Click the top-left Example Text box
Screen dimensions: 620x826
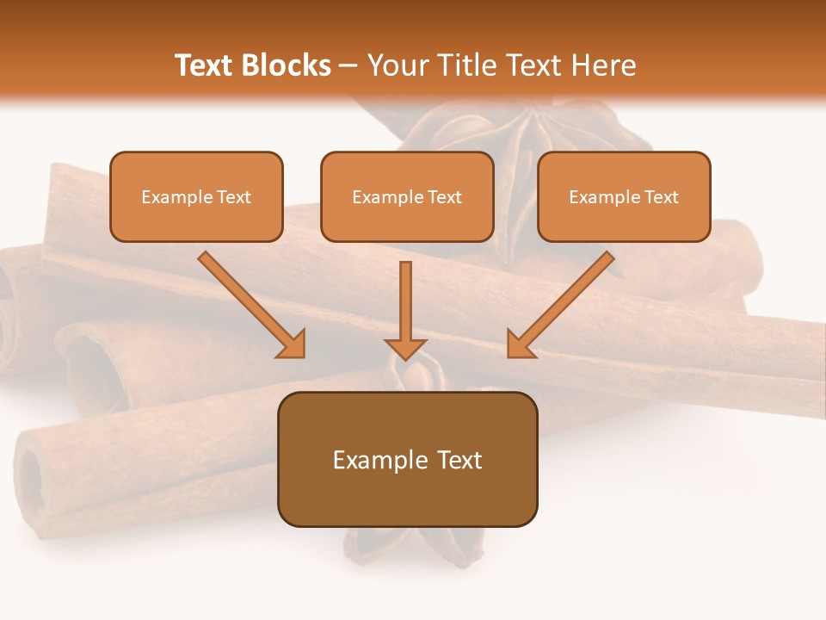coord(196,196)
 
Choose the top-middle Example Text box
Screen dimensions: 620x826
coord(407,196)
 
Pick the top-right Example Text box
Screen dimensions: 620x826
coord(624,196)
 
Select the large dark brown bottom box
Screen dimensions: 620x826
coord(407,459)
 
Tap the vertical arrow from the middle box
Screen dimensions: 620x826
coord(405,306)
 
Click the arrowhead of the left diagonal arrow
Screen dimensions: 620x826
coord(293,345)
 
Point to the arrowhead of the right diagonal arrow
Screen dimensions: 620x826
coord(519,345)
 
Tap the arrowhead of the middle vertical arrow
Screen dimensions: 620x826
coord(405,348)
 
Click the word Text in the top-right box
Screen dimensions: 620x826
coord(661,197)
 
